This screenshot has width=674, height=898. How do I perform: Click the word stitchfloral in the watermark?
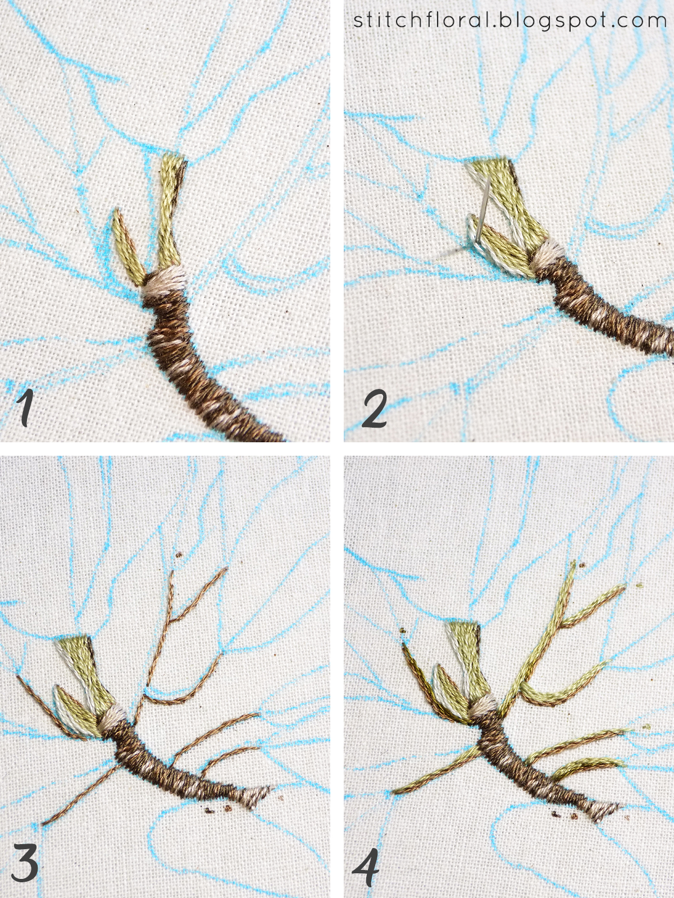pyautogui.click(x=421, y=19)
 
